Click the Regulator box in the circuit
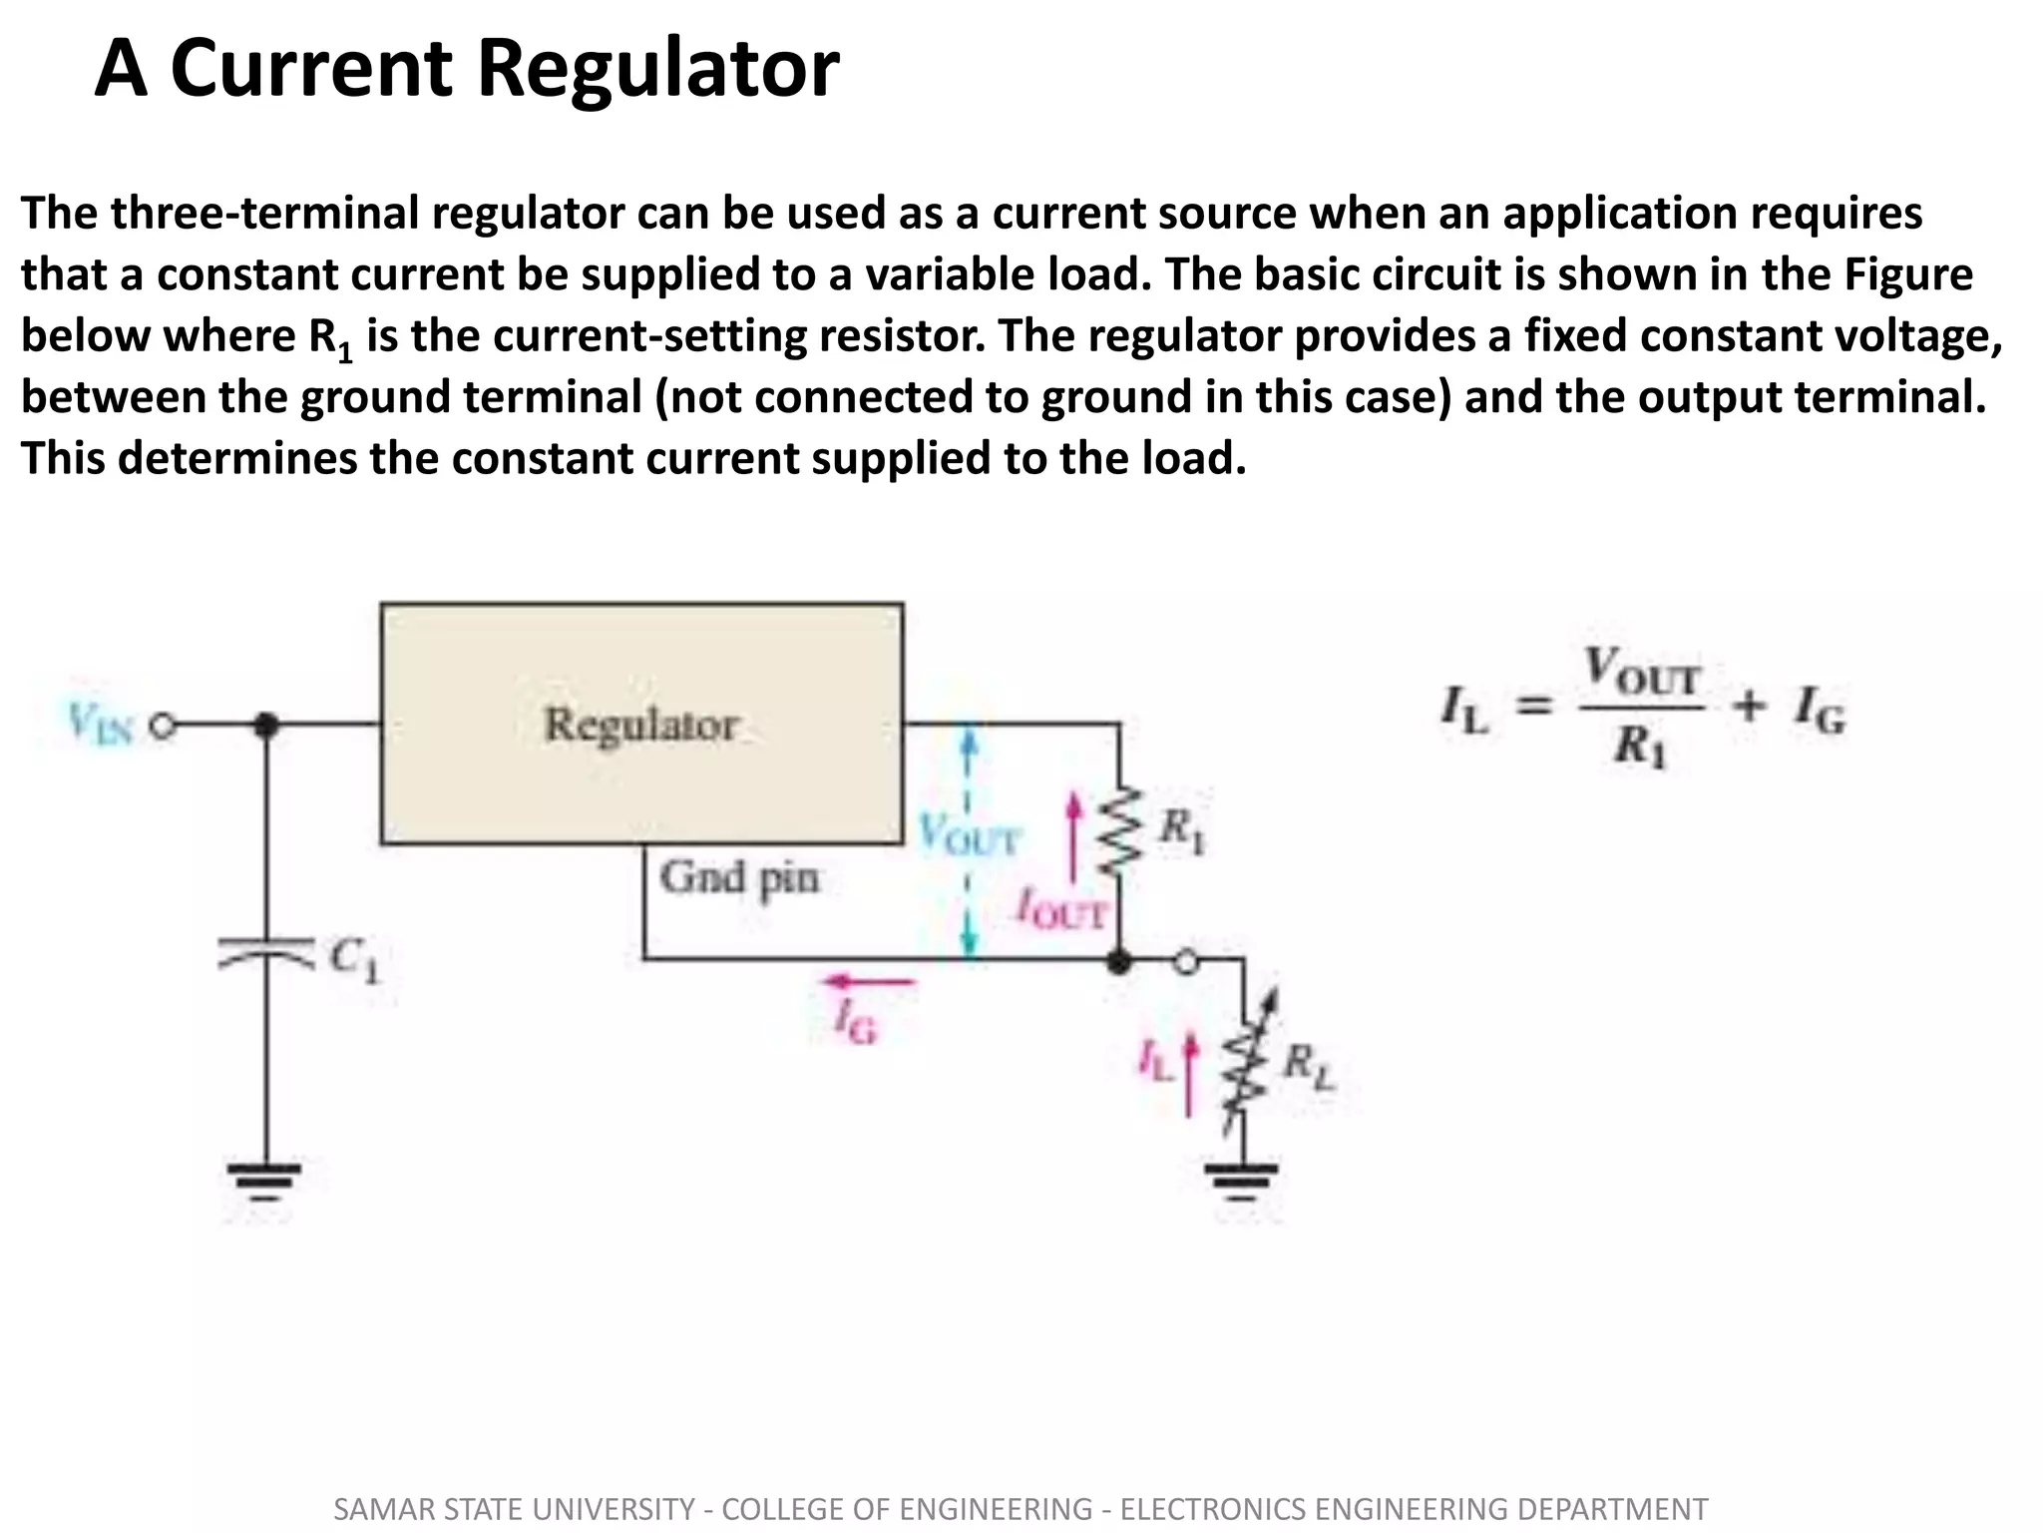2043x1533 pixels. [641, 724]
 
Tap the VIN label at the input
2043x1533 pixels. [100, 724]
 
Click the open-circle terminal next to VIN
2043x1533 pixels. [164, 726]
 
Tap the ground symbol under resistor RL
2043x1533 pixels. [1243, 1183]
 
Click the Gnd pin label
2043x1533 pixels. [738, 879]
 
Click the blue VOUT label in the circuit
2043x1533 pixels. [968, 836]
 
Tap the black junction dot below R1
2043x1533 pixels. [1120, 962]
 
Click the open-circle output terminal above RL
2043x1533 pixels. [1185, 962]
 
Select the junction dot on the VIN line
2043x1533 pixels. [265, 726]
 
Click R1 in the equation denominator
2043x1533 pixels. [1640, 747]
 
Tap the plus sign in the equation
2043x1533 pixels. [1749, 708]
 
